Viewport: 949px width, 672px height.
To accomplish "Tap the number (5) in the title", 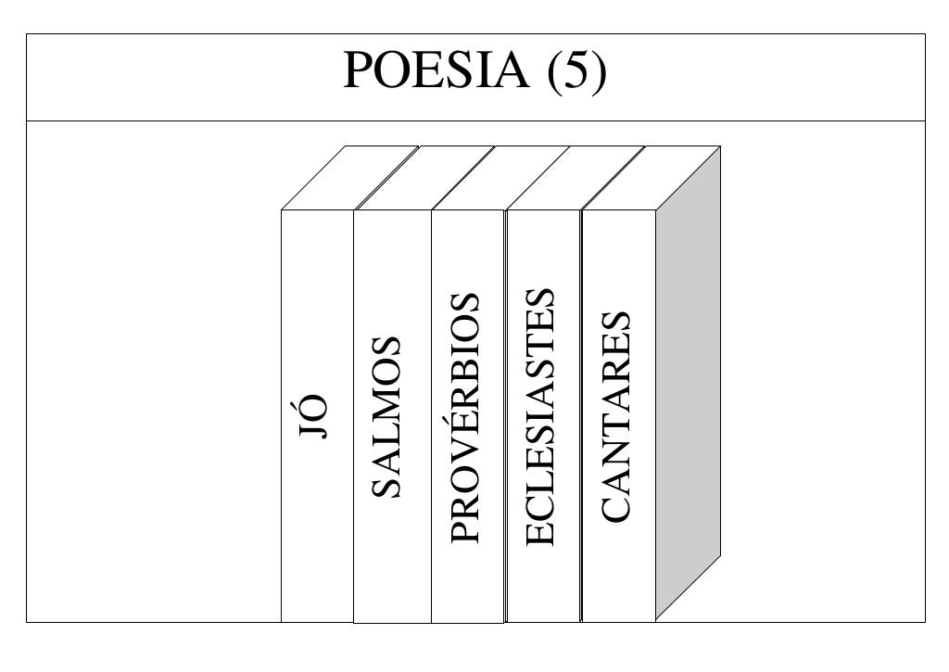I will click(577, 72).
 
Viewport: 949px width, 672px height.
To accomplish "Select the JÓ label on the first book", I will click(316, 416).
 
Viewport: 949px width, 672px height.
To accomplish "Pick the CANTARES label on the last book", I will click(616, 416).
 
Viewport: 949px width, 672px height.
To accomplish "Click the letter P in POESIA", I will click(359, 72).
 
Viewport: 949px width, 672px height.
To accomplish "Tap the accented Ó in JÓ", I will click(315, 406).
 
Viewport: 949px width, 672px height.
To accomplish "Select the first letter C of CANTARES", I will click(616, 505).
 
